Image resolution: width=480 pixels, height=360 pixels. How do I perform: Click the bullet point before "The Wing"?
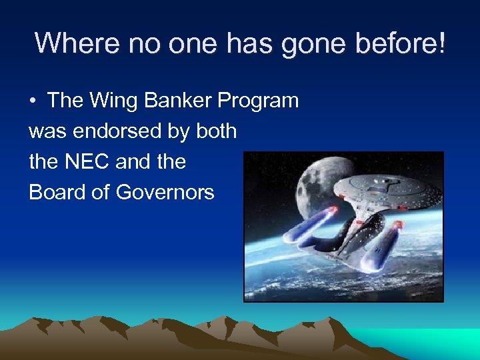(x=33, y=101)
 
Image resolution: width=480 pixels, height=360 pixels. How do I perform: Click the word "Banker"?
(x=176, y=101)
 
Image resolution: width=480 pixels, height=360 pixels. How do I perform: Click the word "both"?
(x=216, y=131)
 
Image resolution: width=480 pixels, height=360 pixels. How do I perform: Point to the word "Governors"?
(x=165, y=193)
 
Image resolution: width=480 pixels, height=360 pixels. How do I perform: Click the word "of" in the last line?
(x=101, y=193)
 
